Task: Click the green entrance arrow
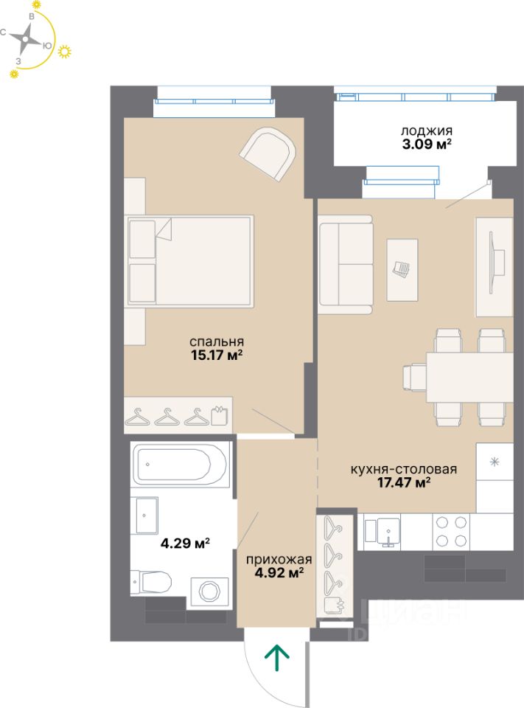click(x=276, y=658)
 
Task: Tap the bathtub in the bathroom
click(x=181, y=465)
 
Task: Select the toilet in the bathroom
click(x=151, y=583)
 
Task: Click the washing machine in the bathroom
click(x=210, y=591)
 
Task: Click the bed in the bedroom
click(x=189, y=261)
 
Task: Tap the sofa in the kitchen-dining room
click(x=346, y=265)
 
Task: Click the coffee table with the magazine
click(x=402, y=270)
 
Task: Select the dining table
click(x=469, y=377)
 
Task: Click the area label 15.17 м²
click(x=217, y=355)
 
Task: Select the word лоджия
click(x=427, y=131)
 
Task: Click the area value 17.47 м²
click(x=404, y=482)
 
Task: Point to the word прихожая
click(x=279, y=560)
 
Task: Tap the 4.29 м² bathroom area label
click(x=185, y=542)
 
